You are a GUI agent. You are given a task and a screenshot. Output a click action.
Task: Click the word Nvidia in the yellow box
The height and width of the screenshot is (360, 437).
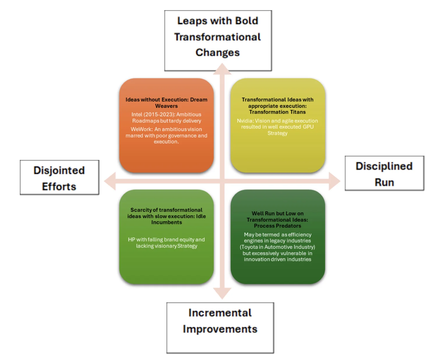(245, 121)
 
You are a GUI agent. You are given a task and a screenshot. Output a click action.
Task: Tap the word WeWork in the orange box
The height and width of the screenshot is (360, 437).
(141, 129)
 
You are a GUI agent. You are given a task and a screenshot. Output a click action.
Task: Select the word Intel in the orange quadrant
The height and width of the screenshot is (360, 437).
(137, 114)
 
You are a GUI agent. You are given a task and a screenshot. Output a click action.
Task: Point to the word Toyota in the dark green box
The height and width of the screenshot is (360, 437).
(250, 247)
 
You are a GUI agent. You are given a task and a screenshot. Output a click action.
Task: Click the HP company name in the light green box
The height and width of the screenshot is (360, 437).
(131, 239)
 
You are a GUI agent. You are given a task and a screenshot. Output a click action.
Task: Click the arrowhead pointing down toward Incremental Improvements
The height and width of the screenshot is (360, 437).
(222, 293)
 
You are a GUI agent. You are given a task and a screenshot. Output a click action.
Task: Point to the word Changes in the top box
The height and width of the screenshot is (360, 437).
(217, 52)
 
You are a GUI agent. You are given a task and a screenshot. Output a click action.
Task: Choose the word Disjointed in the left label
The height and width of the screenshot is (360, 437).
(59, 170)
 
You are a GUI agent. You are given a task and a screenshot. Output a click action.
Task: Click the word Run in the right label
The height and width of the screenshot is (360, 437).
(384, 182)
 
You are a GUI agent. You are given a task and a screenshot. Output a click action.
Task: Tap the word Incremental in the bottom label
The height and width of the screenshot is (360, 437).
(220, 313)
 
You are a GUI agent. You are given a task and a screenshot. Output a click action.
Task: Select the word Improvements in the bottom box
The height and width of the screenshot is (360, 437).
(220, 329)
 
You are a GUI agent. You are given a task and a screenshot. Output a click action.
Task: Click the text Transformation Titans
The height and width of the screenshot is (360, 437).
(277, 112)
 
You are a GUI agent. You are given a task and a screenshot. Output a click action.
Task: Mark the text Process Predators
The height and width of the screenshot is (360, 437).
(277, 226)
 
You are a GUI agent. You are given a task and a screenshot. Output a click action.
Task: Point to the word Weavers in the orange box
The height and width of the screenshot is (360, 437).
(166, 106)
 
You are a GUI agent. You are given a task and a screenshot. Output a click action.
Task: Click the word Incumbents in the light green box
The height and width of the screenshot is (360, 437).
(166, 222)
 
